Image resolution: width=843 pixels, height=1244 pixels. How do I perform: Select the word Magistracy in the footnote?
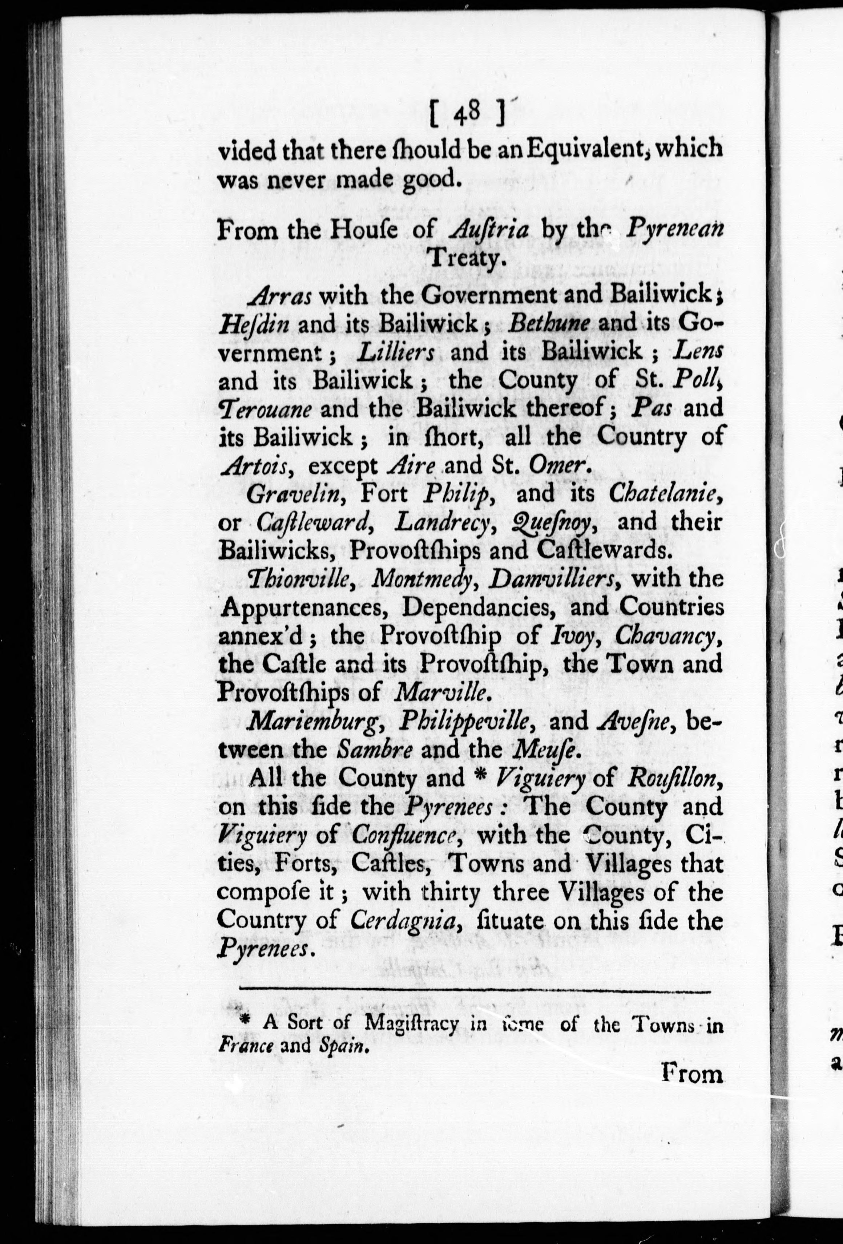point(412,1023)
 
